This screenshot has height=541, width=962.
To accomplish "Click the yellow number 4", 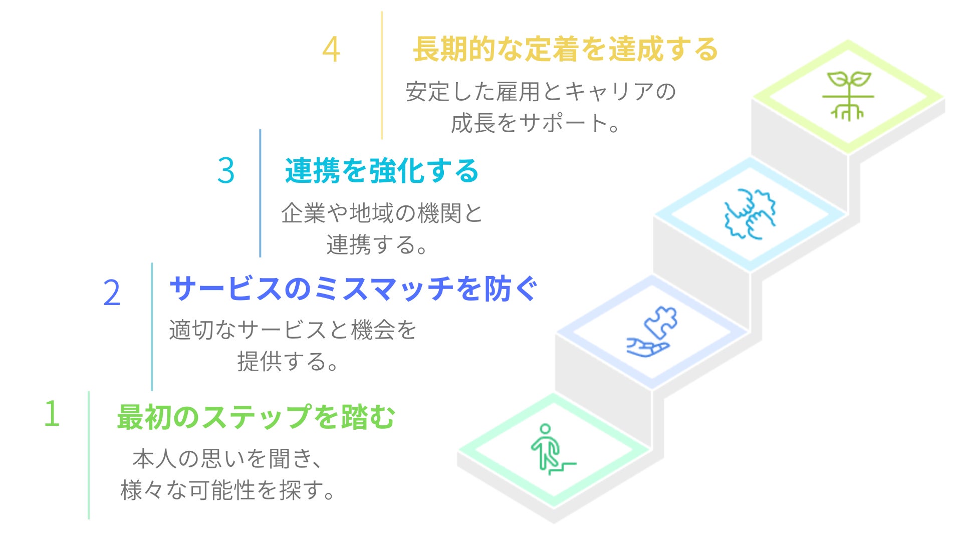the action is [331, 50].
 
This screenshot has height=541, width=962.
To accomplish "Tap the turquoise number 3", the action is [226, 171].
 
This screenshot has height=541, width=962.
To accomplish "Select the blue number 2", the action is [112, 293].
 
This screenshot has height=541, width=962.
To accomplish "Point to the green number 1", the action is [52, 414].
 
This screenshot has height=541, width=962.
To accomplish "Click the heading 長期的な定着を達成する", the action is [566, 50].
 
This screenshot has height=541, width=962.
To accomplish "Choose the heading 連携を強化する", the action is [382, 171].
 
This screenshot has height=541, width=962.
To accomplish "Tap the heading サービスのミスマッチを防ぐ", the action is [354, 289].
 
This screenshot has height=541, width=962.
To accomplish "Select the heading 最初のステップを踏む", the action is [256, 417].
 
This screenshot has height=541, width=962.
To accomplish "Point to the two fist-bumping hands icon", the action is [750, 214].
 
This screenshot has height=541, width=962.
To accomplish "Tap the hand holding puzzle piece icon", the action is [652, 331].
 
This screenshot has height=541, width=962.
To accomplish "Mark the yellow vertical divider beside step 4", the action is [382, 75].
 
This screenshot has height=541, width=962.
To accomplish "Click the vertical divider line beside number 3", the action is [260, 193].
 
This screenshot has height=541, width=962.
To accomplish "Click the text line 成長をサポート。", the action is [535, 123].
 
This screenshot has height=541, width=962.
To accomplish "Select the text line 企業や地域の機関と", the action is [382, 213].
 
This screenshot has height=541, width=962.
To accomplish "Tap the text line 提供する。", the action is [289, 362].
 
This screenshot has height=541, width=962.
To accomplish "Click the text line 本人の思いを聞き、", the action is [227, 459].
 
